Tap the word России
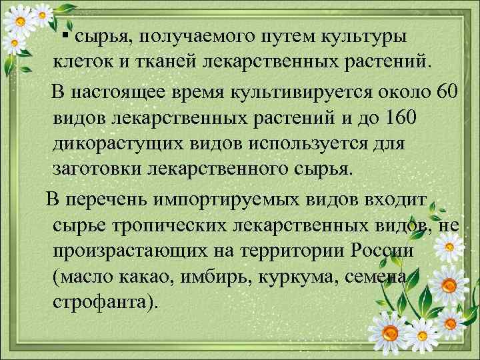click(x=381, y=253)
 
